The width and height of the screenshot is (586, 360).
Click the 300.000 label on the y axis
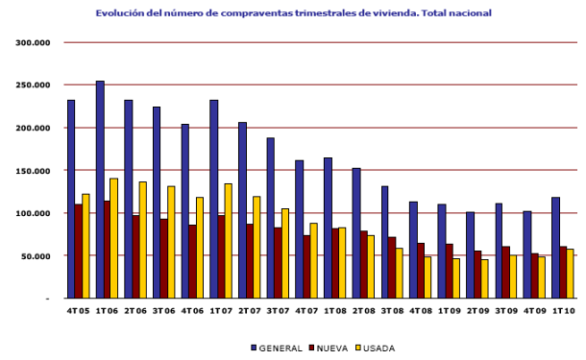34,43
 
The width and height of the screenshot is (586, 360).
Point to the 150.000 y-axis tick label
34,171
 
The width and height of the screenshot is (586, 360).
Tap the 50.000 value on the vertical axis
37,256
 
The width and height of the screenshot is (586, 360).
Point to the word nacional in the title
468,13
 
